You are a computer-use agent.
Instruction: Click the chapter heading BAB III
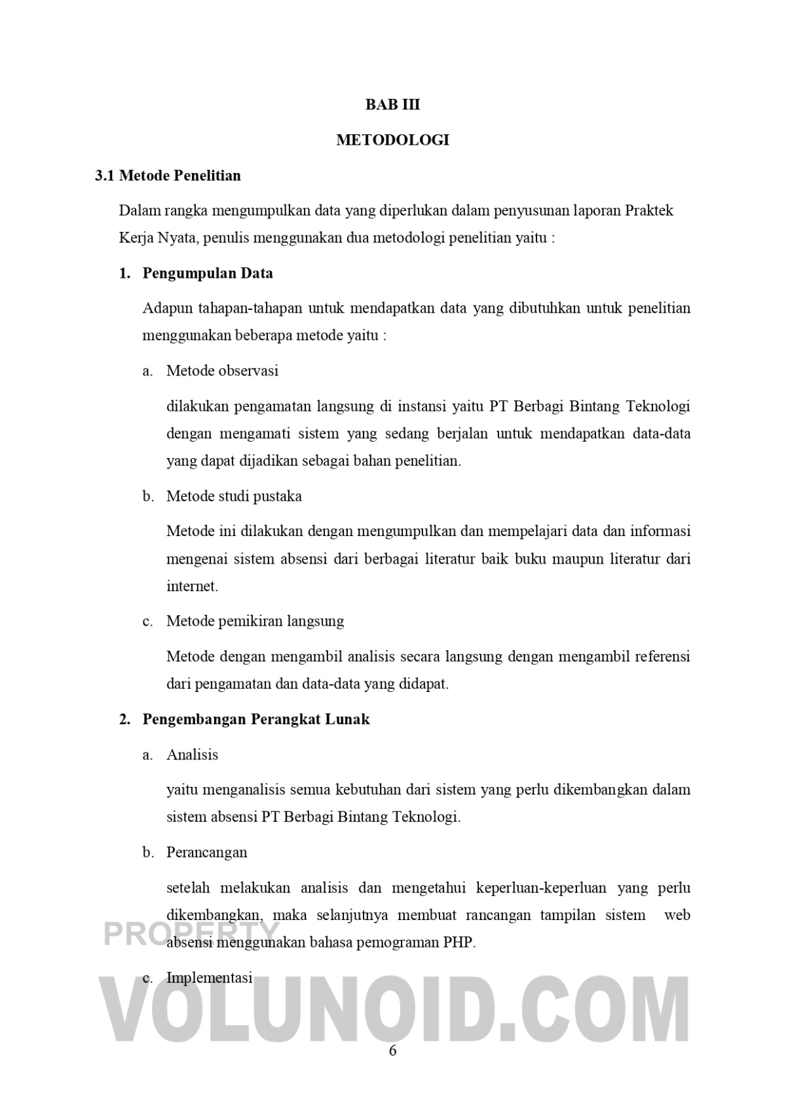392,105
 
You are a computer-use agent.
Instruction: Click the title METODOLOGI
392,140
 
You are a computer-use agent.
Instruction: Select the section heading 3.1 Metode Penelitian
168,176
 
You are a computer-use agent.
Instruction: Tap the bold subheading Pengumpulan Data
208,273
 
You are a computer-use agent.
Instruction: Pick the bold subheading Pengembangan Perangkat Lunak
256,719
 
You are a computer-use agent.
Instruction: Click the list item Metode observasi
222,371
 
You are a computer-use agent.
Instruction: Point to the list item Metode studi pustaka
234,496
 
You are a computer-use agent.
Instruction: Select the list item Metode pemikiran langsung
255,621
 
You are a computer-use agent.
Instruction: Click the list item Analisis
192,755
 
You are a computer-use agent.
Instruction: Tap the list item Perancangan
206,853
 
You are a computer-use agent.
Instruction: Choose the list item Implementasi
209,978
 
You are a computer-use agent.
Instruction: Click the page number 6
393,1051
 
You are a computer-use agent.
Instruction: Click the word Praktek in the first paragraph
649,211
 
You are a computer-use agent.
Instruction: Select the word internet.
191,586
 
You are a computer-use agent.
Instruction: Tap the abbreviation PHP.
458,943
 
